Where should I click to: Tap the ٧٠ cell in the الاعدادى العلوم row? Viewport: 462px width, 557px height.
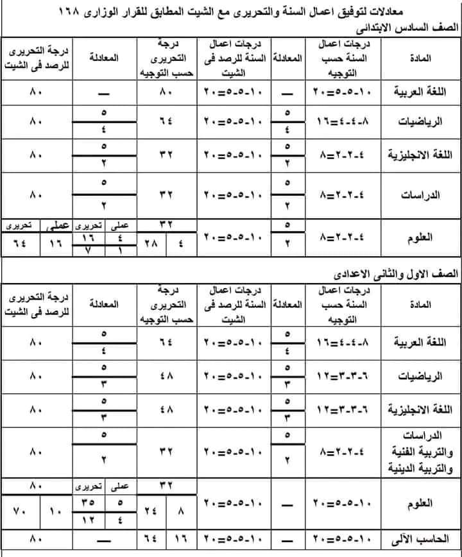tap(20, 512)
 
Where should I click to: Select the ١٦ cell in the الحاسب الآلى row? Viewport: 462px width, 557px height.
tap(182, 538)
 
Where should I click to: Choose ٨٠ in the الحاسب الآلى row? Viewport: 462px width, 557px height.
tap(35, 538)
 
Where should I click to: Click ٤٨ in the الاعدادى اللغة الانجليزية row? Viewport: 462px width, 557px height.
tap(166, 409)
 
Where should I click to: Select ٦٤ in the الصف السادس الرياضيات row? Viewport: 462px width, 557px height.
tap(166, 120)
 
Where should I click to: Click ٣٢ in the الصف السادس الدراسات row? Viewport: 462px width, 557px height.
tap(166, 193)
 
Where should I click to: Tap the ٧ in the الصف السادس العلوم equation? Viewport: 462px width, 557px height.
tap(88, 249)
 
